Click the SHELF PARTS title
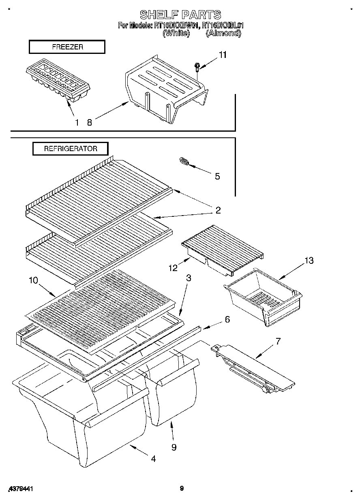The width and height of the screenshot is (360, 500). [x=180, y=15]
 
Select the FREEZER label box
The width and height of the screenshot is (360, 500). [x=67, y=47]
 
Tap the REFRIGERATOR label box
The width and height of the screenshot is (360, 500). [x=71, y=149]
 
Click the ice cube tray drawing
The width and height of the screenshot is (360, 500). [x=58, y=82]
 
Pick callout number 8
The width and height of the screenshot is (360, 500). [x=89, y=122]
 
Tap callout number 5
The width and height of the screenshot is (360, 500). [x=217, y=176]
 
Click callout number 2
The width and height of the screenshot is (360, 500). [x=218, y=210]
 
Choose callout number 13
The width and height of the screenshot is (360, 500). [x=309, y=261]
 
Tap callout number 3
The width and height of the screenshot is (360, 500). [x=189, y=278]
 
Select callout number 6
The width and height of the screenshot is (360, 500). [x=227, y=319]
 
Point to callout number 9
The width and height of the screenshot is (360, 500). [x=174, y=447]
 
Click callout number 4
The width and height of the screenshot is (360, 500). [x=153, y=459]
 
